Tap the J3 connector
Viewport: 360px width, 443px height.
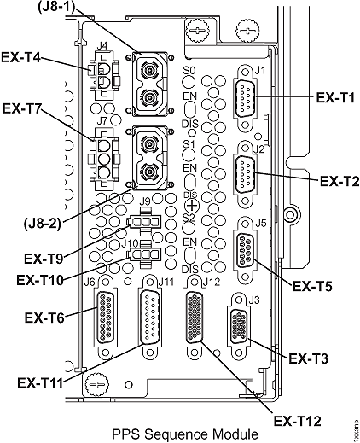click(240, 328)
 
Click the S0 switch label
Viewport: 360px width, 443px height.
click(190, 69)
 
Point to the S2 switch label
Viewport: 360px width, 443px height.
click(191, 219)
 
